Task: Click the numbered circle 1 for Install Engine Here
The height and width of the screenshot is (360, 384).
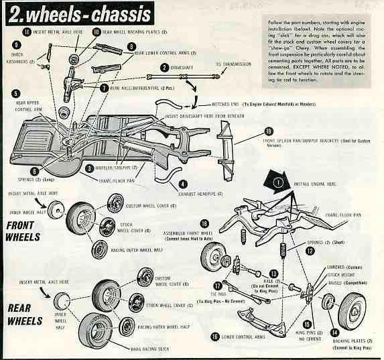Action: pos(277,180)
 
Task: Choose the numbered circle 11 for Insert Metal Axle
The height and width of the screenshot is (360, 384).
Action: pos(26,32)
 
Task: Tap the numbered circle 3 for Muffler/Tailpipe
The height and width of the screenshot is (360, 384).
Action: pos(89,168)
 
